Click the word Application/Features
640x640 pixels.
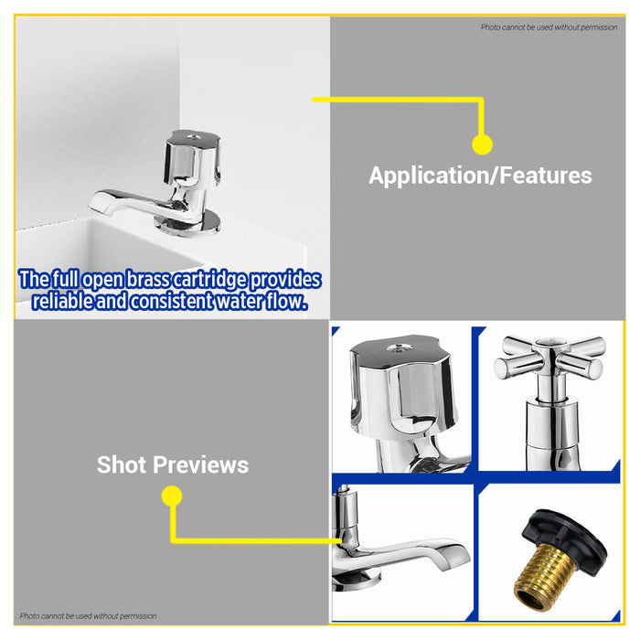[480, 176]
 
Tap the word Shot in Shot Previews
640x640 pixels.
[122, 464]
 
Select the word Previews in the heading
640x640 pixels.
[201, 464]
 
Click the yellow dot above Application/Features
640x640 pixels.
[482, 144]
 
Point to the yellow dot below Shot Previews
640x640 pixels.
[172, 496]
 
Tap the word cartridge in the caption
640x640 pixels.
[209, 280]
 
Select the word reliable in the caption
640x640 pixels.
[62, 301]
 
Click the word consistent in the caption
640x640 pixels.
[172, 301]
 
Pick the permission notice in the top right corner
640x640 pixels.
[549, 27]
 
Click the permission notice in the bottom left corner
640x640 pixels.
[88, 616]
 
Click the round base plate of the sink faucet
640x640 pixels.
[187, 224]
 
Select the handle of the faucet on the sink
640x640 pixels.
[193, 158]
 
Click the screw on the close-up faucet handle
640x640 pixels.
[400, 348]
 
